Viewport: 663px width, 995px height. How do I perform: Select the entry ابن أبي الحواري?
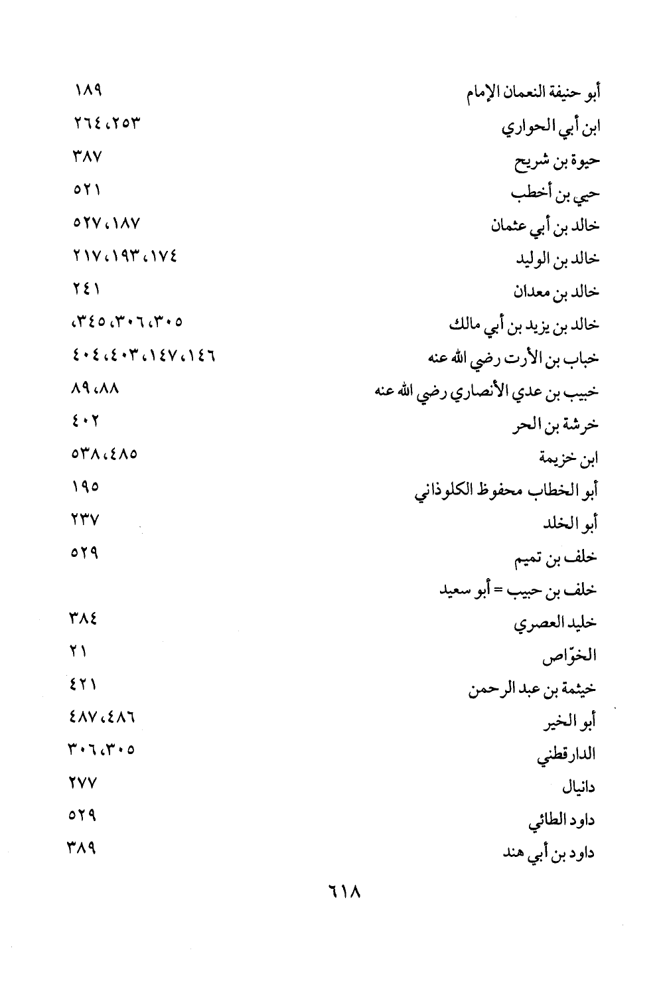click(550, 126)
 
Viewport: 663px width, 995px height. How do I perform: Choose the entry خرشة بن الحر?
click(555, 425)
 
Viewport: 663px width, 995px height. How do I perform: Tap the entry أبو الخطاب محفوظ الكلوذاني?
click(506, 491)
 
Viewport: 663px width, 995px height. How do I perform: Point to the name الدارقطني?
click(566, 755)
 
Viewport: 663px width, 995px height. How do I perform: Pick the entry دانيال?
click(579, 788)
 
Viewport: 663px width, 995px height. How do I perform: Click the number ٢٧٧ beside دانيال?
click(84, 783)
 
